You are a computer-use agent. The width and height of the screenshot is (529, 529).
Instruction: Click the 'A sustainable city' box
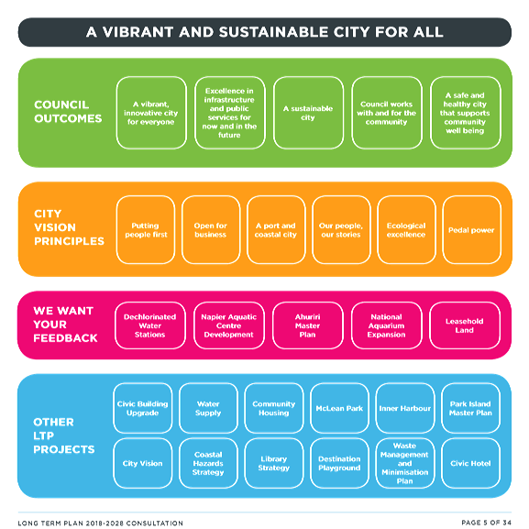(x=308, y=113)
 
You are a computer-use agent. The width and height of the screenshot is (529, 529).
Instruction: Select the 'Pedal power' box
(x=471, y=230)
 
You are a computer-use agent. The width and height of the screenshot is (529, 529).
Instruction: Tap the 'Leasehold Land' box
(x=465, y=325)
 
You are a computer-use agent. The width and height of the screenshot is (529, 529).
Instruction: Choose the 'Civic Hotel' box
(x=470, y=463)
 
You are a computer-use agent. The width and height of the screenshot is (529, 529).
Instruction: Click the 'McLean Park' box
(x=339, y=408)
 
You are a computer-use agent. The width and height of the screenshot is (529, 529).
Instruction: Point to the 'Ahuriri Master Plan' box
(x=308, y=325)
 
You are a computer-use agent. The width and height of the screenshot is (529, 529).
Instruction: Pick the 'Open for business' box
(x=211, y=230)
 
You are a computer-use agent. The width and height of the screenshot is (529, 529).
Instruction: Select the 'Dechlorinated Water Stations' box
(x=150, y=325)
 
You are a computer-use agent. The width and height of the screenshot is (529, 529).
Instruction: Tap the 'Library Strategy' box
(x=274, y=463)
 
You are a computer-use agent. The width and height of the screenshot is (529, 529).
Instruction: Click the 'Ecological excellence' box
(x=406, y=230)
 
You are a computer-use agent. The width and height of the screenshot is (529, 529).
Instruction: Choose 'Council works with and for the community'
(x=387, y=113)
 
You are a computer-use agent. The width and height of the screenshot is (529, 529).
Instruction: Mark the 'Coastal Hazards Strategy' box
(x=208, y=463)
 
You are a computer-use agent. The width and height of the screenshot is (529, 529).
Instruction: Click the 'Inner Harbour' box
(x=405, y=408)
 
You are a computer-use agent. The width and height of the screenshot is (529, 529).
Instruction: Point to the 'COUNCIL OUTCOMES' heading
(x=68, y=112)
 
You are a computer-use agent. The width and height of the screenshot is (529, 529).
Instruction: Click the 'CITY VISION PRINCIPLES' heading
(x=69, y=227)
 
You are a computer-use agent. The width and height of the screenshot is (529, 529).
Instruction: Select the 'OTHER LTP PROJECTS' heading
(x=64, y=435)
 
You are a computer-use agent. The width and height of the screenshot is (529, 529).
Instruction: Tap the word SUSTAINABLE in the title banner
(x=273, y=32)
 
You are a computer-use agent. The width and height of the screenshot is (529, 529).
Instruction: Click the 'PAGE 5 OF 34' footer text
(x=487, y=523)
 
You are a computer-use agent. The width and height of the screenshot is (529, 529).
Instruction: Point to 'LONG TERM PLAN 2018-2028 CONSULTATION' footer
(x=101, y=523)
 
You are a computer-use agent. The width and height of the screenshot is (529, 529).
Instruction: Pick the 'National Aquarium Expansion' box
(x=387, y=325)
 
